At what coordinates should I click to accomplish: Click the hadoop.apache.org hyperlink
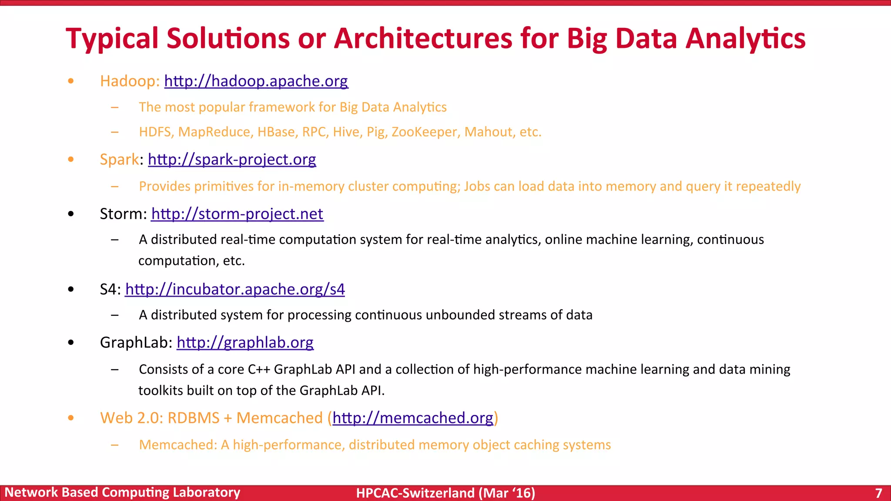click(256, 81)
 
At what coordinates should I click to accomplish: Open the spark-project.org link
click(232, 160)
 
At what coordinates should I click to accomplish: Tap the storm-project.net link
click(237, 214)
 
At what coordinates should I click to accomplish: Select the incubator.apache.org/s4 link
click(235, 289)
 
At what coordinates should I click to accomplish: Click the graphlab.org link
click(245, 343)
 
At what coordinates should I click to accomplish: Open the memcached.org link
click(412, 418)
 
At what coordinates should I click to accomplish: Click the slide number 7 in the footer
click(878, 493)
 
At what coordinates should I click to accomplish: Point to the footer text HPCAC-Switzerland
click(415, 493)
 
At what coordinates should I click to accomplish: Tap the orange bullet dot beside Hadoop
click(71, 81)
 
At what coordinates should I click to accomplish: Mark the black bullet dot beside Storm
click(71, 214)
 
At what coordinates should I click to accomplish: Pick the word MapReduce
click(216, 132)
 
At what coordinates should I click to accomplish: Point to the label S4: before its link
click(110, 289)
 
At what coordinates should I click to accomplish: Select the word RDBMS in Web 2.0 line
click(193, 418)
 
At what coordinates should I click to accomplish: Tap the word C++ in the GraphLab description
click(259, 369)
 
